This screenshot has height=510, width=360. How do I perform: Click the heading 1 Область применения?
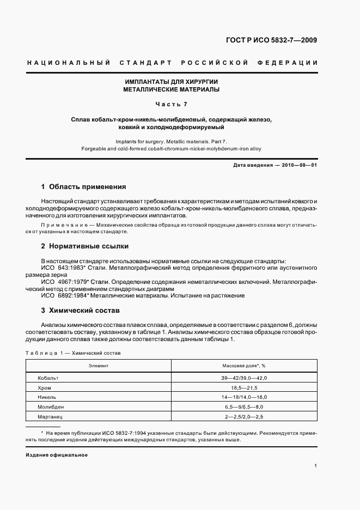84,186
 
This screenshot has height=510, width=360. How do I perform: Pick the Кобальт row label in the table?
48,378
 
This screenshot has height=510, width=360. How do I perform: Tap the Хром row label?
45,388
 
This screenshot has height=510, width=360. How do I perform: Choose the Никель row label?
47,398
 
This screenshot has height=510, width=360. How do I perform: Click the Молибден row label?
51,408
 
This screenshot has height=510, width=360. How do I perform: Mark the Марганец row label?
51,417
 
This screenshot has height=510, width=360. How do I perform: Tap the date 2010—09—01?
298,165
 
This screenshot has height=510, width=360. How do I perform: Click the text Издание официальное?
57,454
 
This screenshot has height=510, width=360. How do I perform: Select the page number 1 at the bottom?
316,466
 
